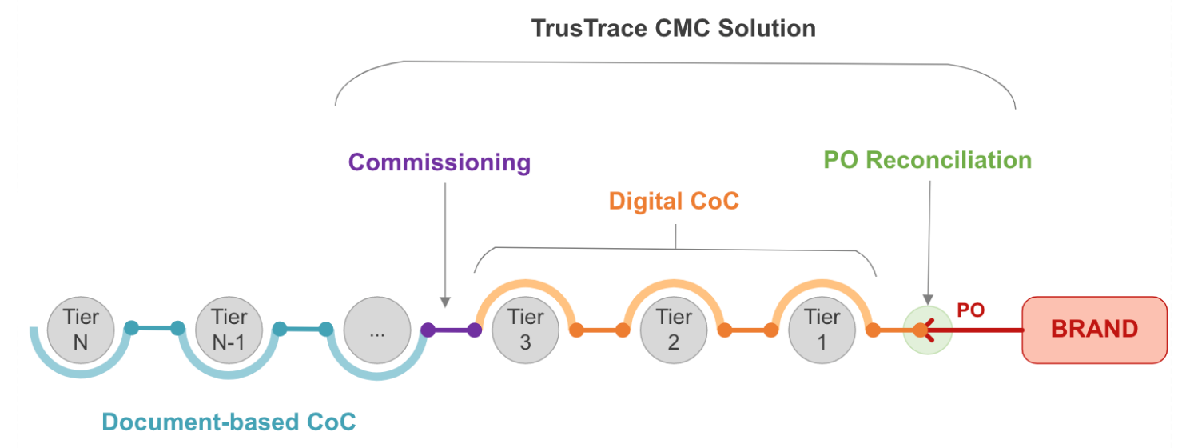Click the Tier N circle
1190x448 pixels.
pyautogui.click(x=81, y=329)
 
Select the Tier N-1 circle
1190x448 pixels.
pyautogui.click(x=229, y=329)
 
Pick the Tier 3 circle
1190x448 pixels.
pyautogui.click(x=524, y=329)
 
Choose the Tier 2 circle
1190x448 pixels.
pyautogui.click(x=673, y=329)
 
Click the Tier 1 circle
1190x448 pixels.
pyautogui.click(x=822, y=329)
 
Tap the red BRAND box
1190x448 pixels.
pyautogui.click(x=1094, y=330)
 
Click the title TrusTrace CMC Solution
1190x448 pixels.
pyautogui.click(x=674, y=29)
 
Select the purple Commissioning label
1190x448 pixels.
pyautogui.click(x=440, y=163)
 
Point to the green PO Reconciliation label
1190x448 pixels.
pyautogui.click(x=928, y=160)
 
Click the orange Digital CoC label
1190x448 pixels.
pyautogui.click(x=674, y=202)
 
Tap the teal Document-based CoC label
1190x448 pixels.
pyautogui.click(x=229, y=422)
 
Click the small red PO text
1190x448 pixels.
pyautogui.click(x=970, y=310)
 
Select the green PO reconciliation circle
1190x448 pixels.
pyautogui.click(x=923, y=330)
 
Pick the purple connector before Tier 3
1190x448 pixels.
pyautogui.click(x=452, y=330)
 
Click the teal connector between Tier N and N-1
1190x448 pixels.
pyautogui.click(x=155, y=327)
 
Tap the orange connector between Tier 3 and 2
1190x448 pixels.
pyautogui.click(x=599, y=329)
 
